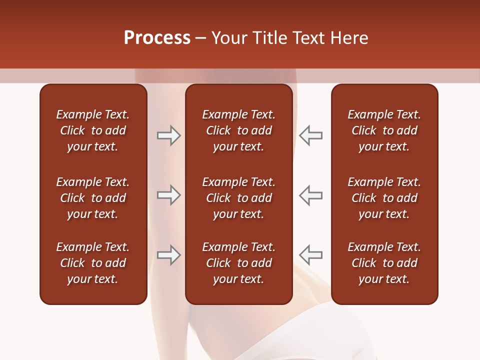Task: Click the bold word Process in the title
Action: (157, 38)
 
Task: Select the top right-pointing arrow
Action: (168, 135)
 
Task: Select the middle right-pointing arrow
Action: (168, 195)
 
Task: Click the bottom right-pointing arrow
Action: (168, 255)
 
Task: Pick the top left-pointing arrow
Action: (311, 135)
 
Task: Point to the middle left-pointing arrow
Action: (311, 195)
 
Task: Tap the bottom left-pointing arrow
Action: (311, 255)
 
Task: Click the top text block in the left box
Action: (93, 130)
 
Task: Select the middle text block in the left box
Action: (93, 198)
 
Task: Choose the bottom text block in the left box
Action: (93, 263)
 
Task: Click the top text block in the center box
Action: (238, 130)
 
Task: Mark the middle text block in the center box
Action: (238, 198)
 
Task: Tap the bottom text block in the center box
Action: (238, 263)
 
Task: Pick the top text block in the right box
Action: (384, 130)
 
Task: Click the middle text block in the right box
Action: (384, 198)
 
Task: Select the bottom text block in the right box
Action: (384, 263)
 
